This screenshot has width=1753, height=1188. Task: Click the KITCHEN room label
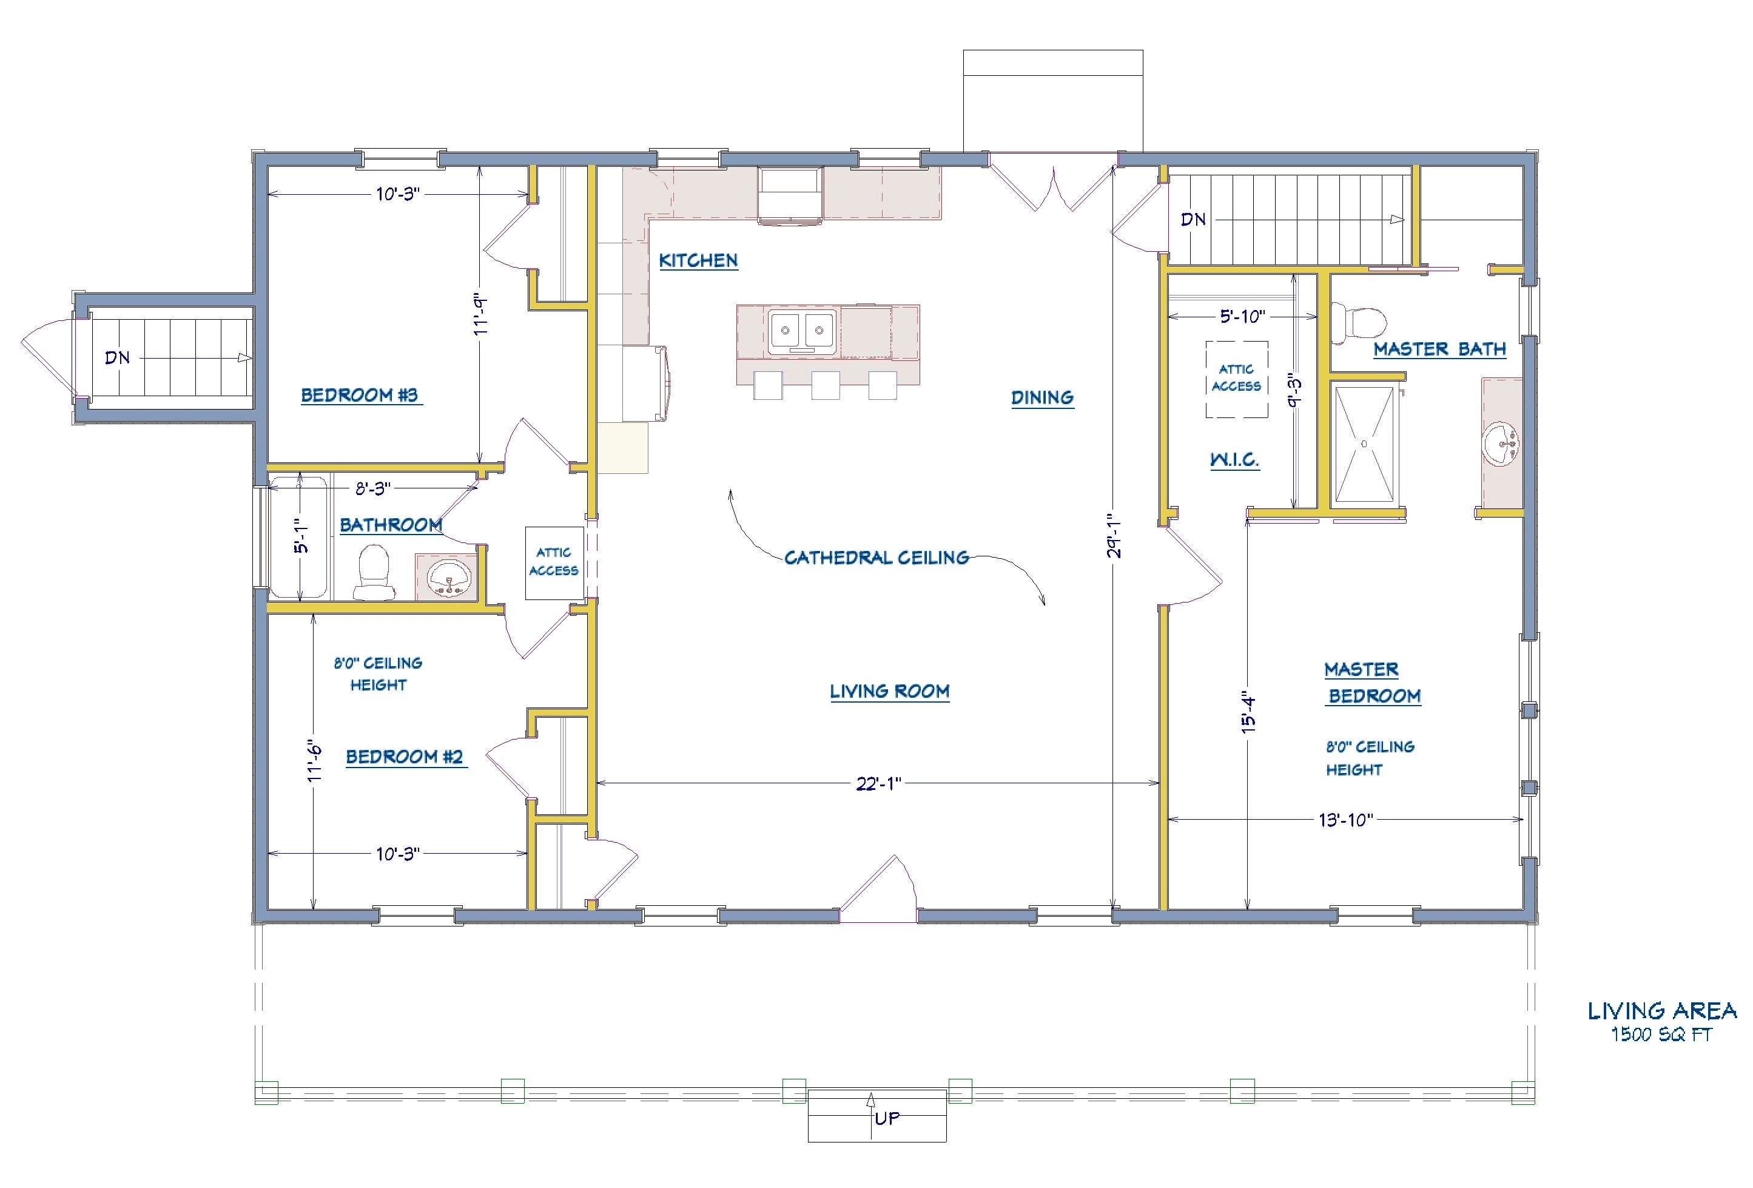(698, 261)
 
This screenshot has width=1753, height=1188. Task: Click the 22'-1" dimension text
(878, 784)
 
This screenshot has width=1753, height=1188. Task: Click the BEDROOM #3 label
(359, 395)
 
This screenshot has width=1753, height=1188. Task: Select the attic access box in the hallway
(554, 562)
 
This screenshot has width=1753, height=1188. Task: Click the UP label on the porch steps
(887, 1118)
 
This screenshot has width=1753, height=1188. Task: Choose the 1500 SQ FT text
(1661, 1035)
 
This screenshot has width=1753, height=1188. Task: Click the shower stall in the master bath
(1364, 444)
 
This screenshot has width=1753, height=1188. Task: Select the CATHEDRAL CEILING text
(876, 558)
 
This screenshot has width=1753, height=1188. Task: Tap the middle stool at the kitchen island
(825, 385)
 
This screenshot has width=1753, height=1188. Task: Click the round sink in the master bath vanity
(1501, 445)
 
